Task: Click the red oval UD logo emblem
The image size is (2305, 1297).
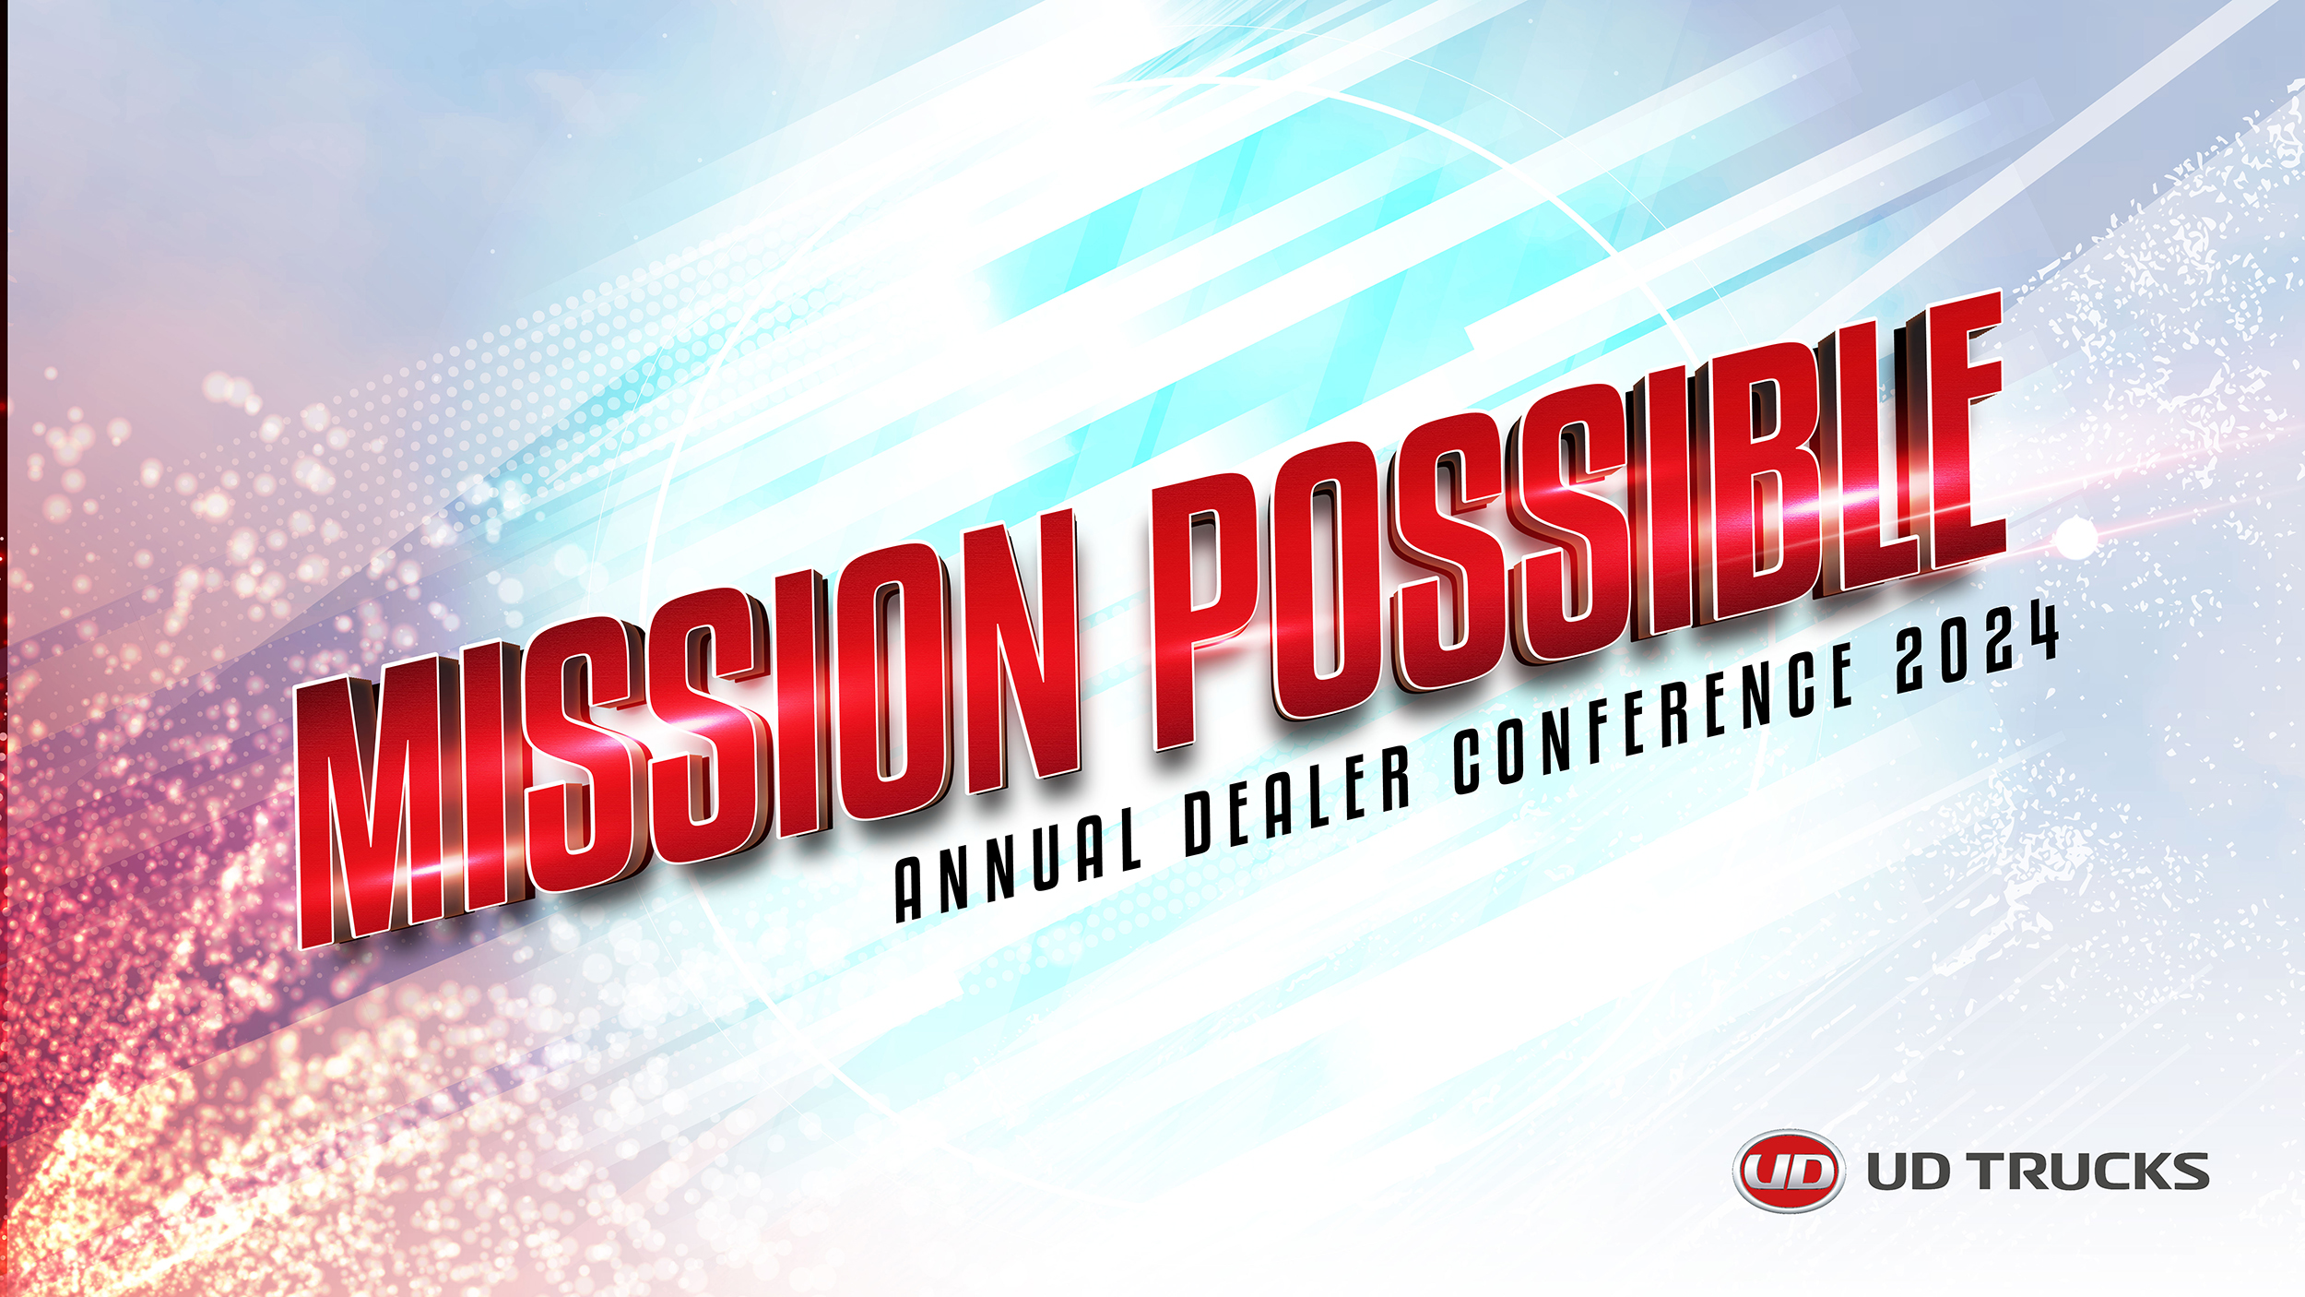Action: pyautogui.click(x=1789, y=1172)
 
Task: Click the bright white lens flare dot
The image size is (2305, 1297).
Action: pyautogui.click(x=2074, y=538)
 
